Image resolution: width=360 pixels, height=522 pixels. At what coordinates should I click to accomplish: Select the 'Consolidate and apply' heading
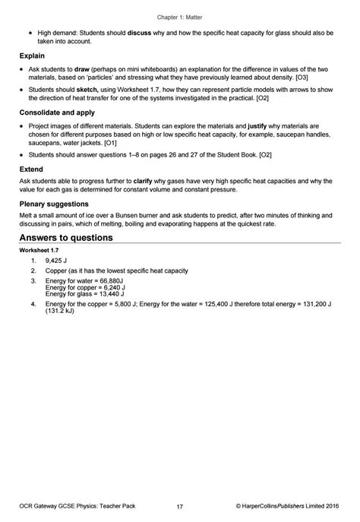pyautogui.click(x=57, y=111)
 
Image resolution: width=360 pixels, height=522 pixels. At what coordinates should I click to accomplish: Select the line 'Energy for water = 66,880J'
pyautogui.click(x=85, y=281)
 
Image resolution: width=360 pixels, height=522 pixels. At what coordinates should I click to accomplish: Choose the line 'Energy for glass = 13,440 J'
pyautogui.click(x=85, y=294)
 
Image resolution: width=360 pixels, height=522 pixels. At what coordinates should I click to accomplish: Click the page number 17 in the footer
pyautogui.click(x=179, y=507)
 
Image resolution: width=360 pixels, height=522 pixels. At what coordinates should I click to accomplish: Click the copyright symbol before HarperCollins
pyautogui.click(x=239, y=507)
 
